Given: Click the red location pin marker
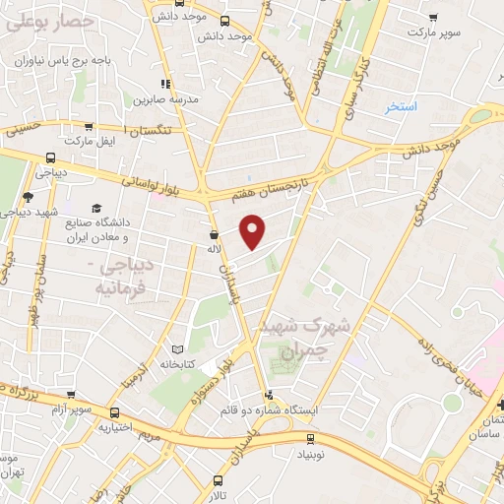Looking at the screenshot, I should click(x=254, y=231).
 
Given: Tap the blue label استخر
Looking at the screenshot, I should click(x=402, y=105).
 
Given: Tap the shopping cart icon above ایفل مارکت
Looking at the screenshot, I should click(x=89, y=127).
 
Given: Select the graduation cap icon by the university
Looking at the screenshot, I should click(x=97, y=208).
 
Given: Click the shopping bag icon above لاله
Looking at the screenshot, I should click(x=214, y=235).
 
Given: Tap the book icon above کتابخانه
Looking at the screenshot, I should click(x=177, y=348).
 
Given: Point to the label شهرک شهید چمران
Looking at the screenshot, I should click(x=292, y=336).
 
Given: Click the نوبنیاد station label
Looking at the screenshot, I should click(x=311, y=456).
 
